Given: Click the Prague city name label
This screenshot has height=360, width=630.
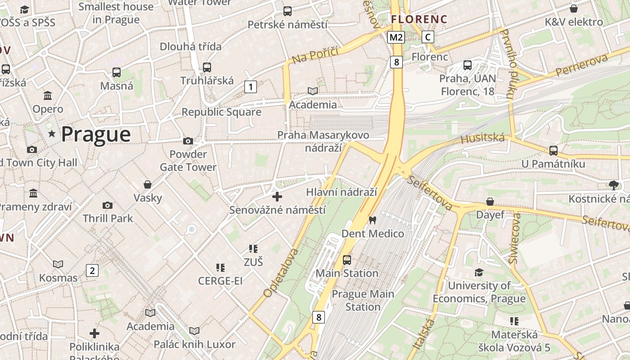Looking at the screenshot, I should tap(95, 134).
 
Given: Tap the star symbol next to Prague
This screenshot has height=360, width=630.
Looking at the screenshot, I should tap(52, 134).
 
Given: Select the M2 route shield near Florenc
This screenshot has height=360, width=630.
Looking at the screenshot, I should tap(396, 37).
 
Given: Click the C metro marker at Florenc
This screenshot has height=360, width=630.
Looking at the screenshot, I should tap(427, 37).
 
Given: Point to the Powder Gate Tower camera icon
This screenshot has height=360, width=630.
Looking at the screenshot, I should tap(188, 141).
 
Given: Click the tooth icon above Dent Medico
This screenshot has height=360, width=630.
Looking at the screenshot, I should tap(372, 220).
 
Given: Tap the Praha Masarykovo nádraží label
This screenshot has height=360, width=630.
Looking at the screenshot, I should tap(323, 141).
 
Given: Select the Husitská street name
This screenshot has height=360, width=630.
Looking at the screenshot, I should tap(482, 138).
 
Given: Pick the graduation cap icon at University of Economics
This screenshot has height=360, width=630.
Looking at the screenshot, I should tap(479, 273).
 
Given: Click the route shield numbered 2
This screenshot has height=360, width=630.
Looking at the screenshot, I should tap(92, 270).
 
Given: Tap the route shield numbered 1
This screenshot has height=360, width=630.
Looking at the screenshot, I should tap(250, 86).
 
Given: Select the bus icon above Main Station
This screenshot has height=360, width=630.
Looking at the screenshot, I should tap(346, 260).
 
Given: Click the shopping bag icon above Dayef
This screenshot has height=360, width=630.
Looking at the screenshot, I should tap(490, 202).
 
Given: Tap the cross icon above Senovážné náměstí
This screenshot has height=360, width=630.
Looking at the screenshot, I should tap(277, 197).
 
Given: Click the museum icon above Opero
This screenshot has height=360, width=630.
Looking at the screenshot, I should tap(48, 95).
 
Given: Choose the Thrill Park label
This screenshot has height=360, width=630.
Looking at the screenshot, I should tap(108, 219).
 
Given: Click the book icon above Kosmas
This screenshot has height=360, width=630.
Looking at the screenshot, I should tap(58, 264).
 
